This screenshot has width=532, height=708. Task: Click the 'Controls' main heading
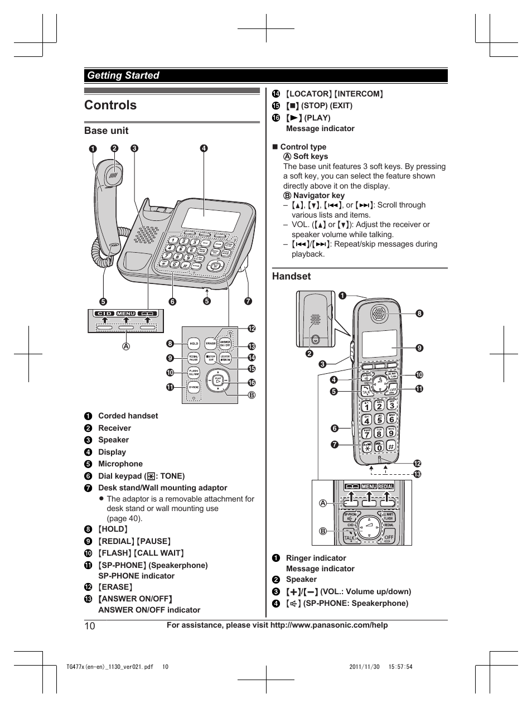(x=110, y=105)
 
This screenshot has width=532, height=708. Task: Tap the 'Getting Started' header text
(x=123, y=75)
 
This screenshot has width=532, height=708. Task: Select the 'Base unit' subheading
(x=106, y=131)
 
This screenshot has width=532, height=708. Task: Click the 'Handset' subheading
(x=291, y=276)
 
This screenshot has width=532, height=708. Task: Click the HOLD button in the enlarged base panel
(x=194, y=344)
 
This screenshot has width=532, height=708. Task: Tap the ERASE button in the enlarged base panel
(x=210, y=344)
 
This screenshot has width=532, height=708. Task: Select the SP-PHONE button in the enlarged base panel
(x=194, y=387)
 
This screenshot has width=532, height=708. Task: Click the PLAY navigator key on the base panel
(x=218, y=380)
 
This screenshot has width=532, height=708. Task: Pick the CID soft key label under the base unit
(x=104, y=314)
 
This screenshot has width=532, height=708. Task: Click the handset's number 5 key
(x=379, y=419)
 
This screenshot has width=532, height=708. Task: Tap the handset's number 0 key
(x=379, y=446)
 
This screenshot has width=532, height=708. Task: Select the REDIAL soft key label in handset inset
(x=386, y=487)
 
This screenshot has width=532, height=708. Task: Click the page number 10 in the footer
(x=90, y=625)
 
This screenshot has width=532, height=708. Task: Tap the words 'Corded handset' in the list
(x=128, y=416)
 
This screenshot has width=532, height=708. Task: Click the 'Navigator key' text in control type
(x=318, y=195)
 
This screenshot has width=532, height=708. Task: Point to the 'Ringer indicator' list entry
(x=316, y=558)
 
